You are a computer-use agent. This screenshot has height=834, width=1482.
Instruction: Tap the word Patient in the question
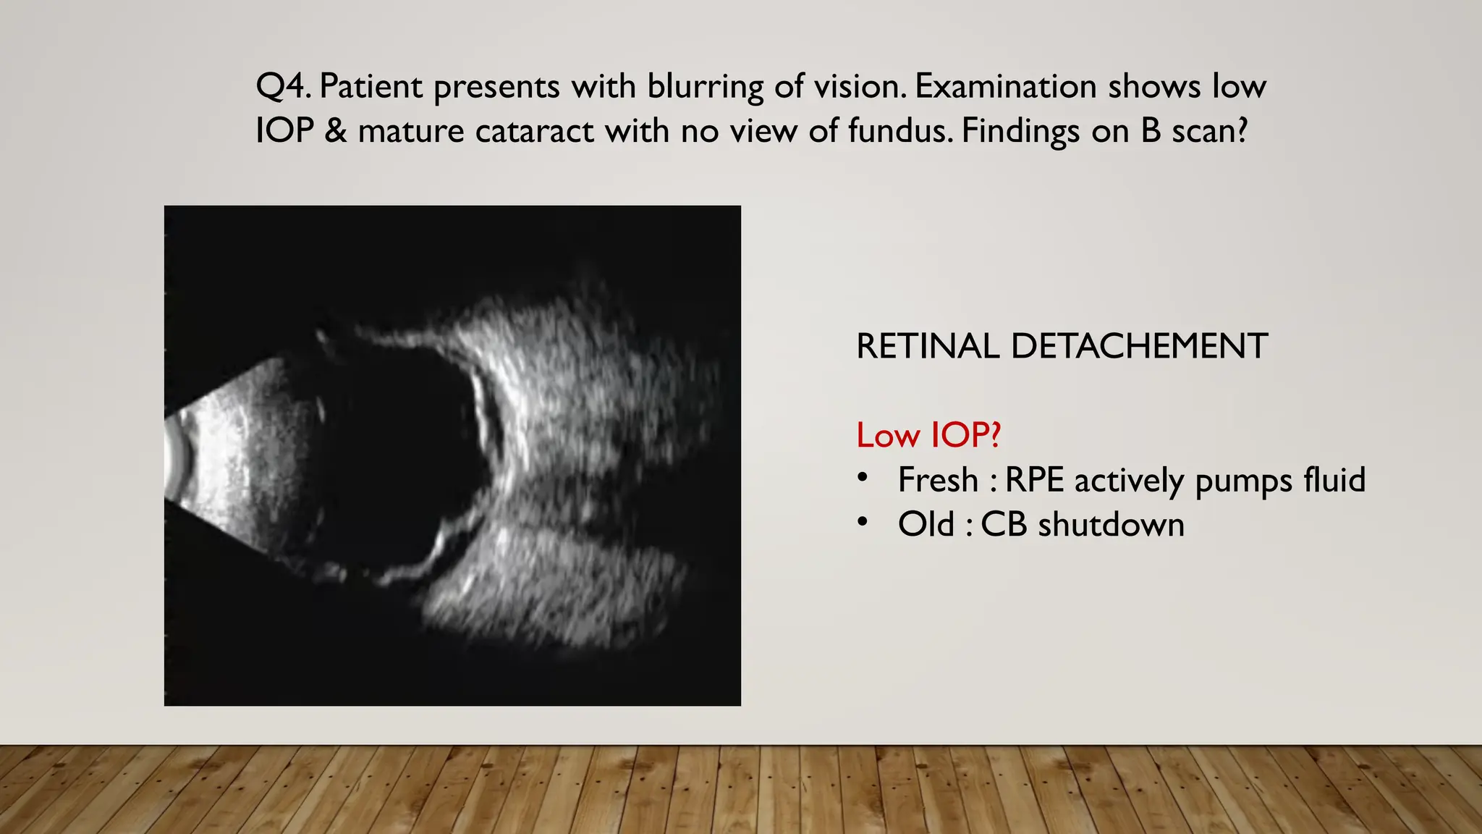click(370, 87)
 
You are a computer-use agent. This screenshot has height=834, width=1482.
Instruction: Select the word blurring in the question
click(706, 87)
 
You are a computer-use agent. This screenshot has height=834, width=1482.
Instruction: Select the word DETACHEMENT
click(1139, 346)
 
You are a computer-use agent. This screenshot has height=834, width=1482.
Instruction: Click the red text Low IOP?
click(928, 435)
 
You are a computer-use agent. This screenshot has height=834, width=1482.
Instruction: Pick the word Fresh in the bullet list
click(938, 480)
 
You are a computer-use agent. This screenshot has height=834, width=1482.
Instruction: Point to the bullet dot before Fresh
click(861, 477)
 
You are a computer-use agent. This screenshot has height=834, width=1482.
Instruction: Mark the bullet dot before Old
click(861, 521)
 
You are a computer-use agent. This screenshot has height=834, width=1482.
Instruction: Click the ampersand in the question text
click(336, 131)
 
